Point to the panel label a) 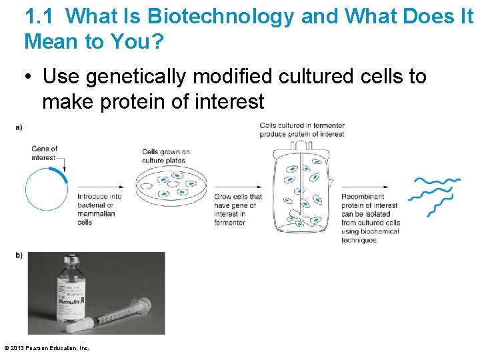click(x=19, y=127)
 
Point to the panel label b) click(x=19, y=255)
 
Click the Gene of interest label click(x=44, y=153)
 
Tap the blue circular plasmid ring click(x=47, y=189)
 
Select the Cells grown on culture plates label click(x=165, y=156)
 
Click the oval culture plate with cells click(x=171, y=185)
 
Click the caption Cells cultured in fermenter click(x=301, y=129)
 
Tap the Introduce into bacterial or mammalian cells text click(x=99, y=209)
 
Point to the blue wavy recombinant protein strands click(x=435, y=195)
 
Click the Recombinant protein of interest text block click(x=370, y=218)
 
